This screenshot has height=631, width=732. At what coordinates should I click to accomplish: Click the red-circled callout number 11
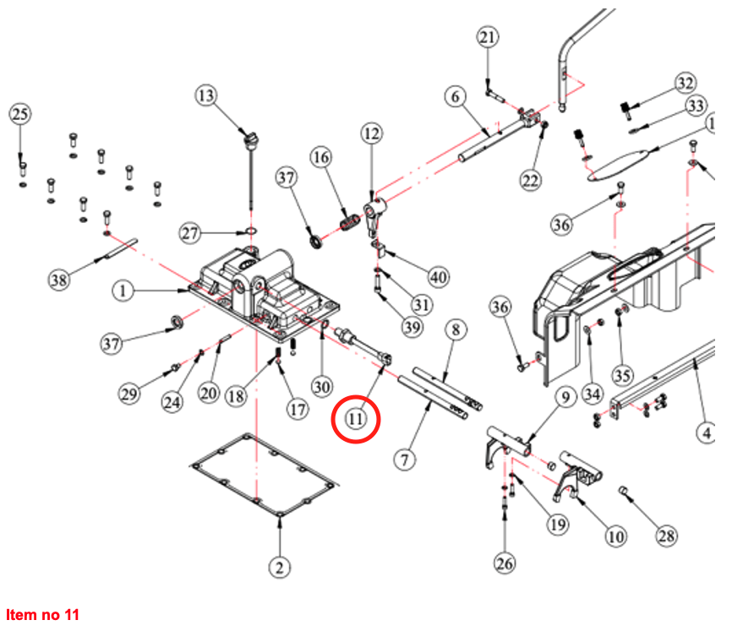[x=356, y=417]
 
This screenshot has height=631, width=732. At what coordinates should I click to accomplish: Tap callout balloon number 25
[x=20, y=114]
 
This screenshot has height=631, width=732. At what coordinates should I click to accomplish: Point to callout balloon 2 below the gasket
[x=281, y=566]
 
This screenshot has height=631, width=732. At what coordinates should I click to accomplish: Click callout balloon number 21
[x=488, y=38]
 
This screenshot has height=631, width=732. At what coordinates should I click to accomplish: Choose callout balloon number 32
[x=684, y=83]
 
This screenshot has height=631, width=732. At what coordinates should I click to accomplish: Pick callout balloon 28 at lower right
[x=667, y=536]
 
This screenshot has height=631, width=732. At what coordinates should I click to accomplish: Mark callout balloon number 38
[x=58, y=280]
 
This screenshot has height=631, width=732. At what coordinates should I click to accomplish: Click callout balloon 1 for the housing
[x=123, y=291]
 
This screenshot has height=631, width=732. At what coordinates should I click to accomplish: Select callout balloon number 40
[x=438, y=276]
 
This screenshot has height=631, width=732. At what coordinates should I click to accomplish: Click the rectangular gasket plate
[x=264, y=477]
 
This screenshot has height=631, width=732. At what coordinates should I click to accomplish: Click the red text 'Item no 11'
[x=42, y=614]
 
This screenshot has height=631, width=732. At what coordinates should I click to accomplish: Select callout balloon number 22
[x=530, y=181]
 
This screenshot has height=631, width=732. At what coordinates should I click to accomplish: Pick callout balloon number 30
[x=320, y=386]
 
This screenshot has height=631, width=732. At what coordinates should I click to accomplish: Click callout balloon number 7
[x=407, y=460]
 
